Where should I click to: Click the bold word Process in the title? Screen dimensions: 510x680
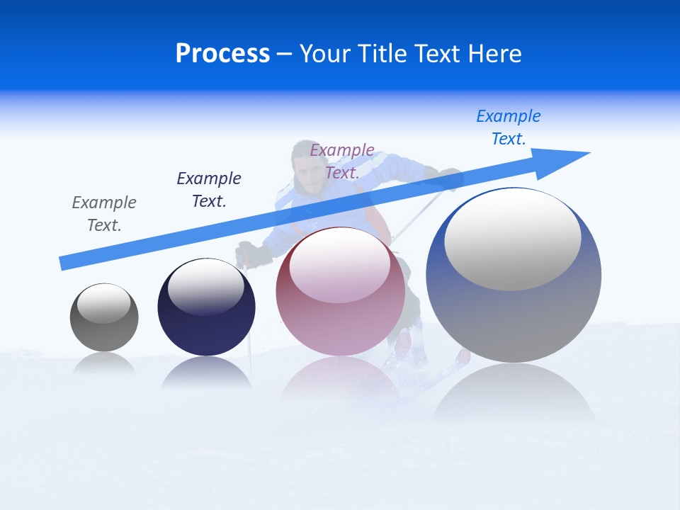(222, 54)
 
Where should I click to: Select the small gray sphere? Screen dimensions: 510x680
(104, 318)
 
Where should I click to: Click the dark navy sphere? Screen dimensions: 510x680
(206, 307)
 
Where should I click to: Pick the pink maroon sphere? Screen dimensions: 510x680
(340, 292)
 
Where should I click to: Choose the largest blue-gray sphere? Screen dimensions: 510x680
(514, 276)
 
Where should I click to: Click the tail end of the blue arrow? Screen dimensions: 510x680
(63, 263)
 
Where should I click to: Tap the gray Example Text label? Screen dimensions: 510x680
(104, 214)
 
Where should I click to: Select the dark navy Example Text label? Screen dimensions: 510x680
(209, 190)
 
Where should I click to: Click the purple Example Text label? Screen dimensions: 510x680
(342, 161)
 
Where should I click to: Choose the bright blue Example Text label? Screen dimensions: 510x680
(509, 127)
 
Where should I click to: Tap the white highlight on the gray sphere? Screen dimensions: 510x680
(104, 304)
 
